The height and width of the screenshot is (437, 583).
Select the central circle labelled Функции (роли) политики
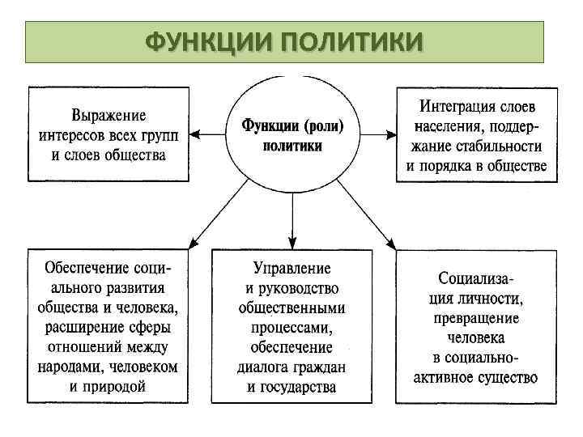tap(292, 134)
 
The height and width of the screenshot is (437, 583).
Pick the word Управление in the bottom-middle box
tap(291, 268)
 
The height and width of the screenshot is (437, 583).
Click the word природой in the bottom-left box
tap(119, 386)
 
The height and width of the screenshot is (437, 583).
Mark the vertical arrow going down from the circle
tap(292, 214)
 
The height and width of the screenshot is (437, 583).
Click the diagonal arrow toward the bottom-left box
tap(219, 212)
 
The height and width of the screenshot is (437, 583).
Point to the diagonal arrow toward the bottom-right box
tap(364, 212)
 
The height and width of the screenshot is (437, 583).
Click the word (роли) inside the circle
tap(323, 127)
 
